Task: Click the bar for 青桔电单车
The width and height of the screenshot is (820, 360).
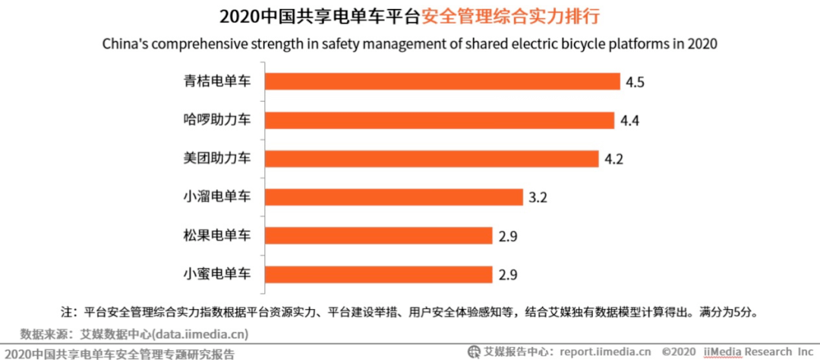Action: point(443,81)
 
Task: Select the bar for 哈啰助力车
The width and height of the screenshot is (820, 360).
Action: point(439,120)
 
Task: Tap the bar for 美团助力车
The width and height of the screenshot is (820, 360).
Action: point(431,159)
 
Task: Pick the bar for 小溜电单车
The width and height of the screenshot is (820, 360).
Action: point(393,197)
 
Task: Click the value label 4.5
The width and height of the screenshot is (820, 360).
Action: point(635,82)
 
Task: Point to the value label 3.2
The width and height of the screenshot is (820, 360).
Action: point(538,198)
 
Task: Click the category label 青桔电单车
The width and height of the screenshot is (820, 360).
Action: point(216,81)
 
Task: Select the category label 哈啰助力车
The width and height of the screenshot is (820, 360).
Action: point(216,120)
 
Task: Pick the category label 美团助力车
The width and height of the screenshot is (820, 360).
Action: point(216,159)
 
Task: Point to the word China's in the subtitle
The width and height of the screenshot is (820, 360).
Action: point(125,43)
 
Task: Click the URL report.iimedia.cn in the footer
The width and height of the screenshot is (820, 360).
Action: point(605,352)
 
